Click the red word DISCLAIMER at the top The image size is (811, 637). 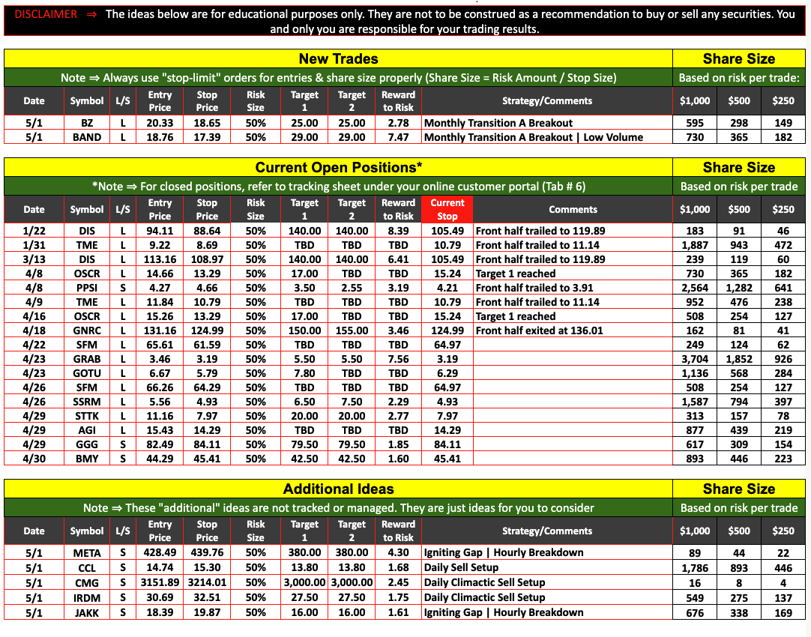click(x=46, y=14)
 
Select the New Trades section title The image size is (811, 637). click(x=338, y=58)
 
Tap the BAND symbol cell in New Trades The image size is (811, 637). click(x=87, y=137)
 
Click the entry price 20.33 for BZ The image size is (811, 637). click(x=160, y=123)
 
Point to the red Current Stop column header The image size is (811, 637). click(x=447, y=209)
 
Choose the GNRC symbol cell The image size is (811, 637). click(x=87, y=330)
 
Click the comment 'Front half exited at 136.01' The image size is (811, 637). click(x=540, y=330)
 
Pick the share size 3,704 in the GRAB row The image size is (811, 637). click(x=695, y=359)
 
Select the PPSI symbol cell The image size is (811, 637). click(x=87, y=288)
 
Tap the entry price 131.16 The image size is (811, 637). click(x=160, y=330)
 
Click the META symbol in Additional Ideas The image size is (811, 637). click(x=87, y=553)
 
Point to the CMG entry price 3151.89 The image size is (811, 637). click(x=160, y=583)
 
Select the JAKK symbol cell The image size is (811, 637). click(x=87, y=613)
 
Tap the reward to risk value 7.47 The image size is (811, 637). click(x=398, y=137)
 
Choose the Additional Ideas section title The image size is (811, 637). click(x=338, y=489)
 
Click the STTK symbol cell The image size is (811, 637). click(x=87, y=416)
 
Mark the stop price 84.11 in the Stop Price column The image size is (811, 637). click(x=207, y=444)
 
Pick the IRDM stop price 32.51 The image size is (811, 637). click(x=207, y=598)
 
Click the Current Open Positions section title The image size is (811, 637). click(x=338, y=167)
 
